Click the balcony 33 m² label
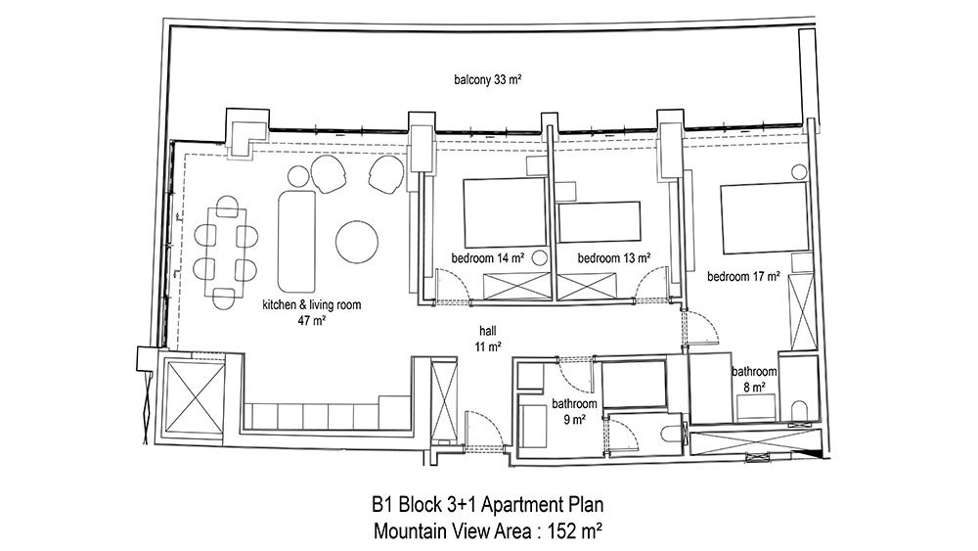[x=487, y=80]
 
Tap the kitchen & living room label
[x=312, y=312]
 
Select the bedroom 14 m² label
[x=487, y=257]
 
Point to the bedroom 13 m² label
[x=614, y=257]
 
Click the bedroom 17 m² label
[x=743, y=276]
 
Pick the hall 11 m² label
[x=488, y=339]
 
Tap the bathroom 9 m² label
[x=574, y=412]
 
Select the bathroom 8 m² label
[x=754, y=380]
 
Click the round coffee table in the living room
[x=357, y=242]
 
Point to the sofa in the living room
[x=296, y=242]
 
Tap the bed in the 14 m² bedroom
[x=506, y=212]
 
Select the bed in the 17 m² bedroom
[x=765, y=218]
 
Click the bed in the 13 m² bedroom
[x=600, y=221]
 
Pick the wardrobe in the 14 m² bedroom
[x=517, y=287]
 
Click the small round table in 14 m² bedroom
[x=540, y=257]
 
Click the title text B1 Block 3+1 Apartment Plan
[x=488, y=504]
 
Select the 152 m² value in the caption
[x=574, y=531]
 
